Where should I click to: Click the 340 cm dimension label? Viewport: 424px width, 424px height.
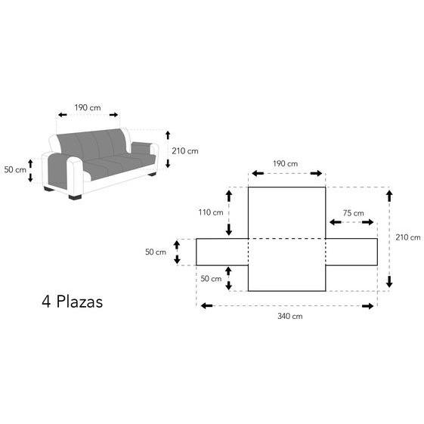click(290, 316)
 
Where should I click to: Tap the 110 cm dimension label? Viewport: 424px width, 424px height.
click(211, 212)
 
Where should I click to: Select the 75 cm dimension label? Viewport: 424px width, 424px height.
click(353, 213)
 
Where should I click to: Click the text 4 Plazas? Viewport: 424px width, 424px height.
click(73, 302)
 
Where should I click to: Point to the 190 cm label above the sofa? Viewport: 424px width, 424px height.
click(88, 107)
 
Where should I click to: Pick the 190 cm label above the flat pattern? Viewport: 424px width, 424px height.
click(285, 163)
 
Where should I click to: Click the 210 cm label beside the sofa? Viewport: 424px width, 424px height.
click(185, 151)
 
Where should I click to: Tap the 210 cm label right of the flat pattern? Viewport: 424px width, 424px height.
click(408, 237)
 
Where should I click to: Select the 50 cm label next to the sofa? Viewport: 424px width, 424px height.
click(15, 170)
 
